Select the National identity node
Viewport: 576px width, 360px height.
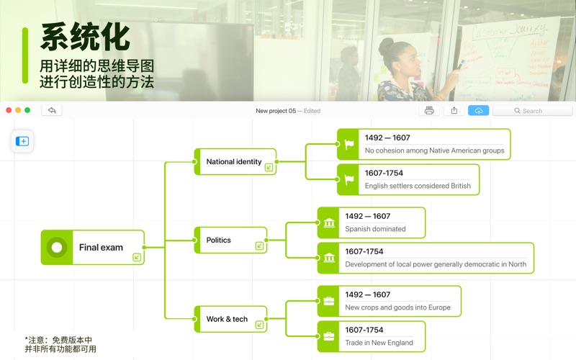(234, 161)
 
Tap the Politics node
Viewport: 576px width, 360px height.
(219, 240)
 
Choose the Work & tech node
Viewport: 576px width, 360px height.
(227, 319)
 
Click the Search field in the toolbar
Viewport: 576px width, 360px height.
(533, 111)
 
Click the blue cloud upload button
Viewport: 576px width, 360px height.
(478, 111)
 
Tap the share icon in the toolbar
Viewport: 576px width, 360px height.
(454, 111)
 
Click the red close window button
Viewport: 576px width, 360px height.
(9, 110)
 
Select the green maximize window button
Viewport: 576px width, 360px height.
(27, 110)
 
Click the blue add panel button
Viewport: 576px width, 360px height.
(22, 141)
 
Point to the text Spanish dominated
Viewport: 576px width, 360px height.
(375, 229)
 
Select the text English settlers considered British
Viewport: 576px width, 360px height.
(418, 186)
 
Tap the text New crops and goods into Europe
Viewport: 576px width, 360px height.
(397, 307)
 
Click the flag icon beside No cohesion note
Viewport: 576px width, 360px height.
(349, 144)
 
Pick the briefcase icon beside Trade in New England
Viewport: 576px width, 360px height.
(329, 336)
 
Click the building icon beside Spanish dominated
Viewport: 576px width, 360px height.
(329, 222)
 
